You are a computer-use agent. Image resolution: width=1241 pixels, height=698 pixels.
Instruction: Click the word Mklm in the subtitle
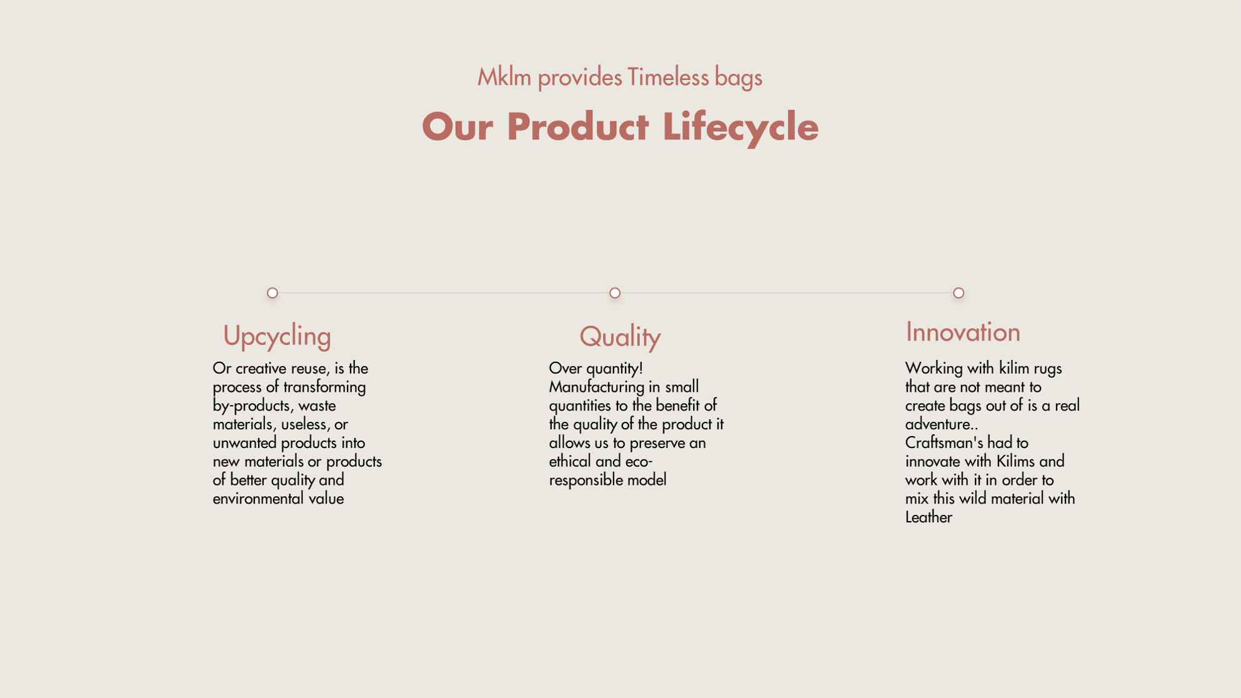(504, 77)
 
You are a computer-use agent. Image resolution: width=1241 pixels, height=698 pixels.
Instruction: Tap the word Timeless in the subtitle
(668, 77)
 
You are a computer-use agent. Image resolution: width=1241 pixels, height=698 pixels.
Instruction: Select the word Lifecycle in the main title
(740, 127)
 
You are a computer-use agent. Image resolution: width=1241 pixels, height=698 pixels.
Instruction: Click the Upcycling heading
(277, 336)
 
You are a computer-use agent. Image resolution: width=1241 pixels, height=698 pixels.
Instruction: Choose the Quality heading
(620, 337)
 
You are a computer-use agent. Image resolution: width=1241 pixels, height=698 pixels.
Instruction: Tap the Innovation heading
(963, 332)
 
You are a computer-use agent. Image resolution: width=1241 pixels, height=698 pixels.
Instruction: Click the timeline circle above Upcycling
(272, 293)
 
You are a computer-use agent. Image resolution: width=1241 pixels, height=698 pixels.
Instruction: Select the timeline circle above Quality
(615, 293)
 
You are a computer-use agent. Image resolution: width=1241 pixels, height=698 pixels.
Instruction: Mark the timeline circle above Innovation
(959, 293)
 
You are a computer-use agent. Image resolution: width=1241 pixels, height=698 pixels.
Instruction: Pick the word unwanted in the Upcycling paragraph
(245, 443)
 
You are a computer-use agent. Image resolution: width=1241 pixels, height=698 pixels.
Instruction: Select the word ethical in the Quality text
(570, 462)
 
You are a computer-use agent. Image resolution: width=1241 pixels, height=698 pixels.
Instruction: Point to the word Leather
(929, 517)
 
